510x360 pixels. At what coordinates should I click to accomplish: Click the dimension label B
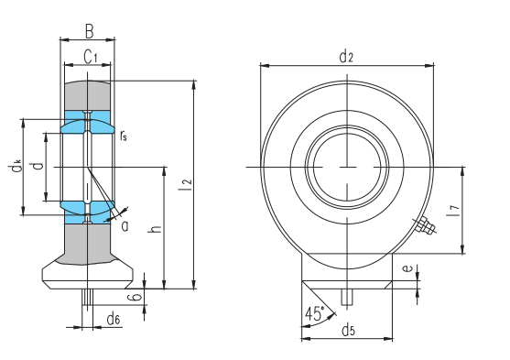90,32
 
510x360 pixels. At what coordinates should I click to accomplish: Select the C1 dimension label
91,57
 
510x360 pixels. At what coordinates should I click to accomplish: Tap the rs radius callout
124,135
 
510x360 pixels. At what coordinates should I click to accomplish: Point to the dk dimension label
16,166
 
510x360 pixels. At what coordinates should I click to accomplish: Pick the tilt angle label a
125,226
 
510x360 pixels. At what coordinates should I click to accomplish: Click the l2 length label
187,185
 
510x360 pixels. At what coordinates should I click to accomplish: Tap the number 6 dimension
136,297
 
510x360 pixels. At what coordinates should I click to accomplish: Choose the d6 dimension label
114,318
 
